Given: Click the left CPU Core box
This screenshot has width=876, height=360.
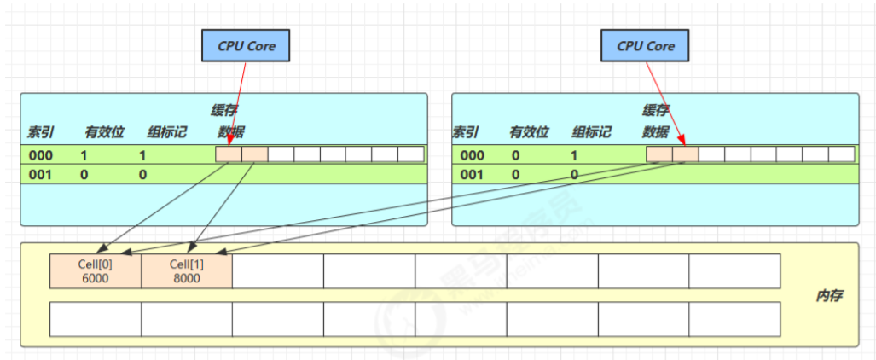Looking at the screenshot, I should point(246,46).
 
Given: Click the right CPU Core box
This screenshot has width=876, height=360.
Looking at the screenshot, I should point(645,46).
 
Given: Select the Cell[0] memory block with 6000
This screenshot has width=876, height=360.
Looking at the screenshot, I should point(96,271).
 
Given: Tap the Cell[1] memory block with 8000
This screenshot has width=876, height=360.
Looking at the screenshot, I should point(186,271).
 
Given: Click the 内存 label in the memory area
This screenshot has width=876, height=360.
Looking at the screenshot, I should point(829,297).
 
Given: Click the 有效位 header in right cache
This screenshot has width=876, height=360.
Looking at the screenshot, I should point(530,132).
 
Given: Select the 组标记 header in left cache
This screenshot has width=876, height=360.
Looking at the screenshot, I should point(165,132).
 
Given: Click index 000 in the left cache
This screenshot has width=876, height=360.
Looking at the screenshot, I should point(41,155).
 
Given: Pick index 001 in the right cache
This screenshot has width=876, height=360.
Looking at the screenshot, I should point(472,174).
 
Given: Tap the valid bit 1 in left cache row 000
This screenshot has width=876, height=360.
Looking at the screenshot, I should point(84,155).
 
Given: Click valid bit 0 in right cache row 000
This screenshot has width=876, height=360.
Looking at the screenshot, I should point(514,155).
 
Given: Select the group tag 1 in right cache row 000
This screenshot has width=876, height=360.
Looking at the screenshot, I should point(574,155).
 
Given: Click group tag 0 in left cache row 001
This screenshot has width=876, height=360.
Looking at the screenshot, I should point(142,174).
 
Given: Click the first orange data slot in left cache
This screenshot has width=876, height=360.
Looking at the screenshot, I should point(229,154).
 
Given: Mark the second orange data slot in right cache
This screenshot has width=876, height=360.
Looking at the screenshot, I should point(686,154).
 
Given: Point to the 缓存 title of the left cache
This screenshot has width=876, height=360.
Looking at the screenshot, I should point(224,110).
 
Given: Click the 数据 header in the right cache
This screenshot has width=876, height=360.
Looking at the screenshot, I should point(655,132).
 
